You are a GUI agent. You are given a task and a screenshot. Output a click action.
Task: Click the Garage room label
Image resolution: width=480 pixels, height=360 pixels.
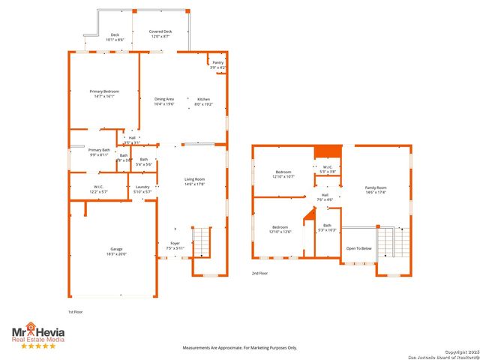pos(116,251)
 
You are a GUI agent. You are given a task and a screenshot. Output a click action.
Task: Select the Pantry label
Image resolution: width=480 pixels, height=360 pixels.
pos(218,65)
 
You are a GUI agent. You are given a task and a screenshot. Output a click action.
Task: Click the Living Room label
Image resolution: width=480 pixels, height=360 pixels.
pos(195,181)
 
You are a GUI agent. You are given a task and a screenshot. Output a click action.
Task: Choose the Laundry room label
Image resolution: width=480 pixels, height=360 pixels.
pos(142,189)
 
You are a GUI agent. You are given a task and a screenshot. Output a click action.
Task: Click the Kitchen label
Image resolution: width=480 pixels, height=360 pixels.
pos(204,101)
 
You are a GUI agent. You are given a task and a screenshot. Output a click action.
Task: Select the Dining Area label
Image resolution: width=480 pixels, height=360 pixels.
pos(164,101)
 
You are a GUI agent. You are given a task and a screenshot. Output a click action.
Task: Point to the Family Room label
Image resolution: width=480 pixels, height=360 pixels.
pos(376,190)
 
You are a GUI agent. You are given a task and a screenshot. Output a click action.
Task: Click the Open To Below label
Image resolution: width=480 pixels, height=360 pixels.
pos(358,248)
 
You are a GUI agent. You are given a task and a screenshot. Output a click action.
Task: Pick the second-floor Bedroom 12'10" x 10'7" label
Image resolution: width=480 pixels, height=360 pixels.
pos(283,174)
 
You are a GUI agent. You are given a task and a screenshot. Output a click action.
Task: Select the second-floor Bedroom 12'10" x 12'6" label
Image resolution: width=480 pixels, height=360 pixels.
pos(280,229)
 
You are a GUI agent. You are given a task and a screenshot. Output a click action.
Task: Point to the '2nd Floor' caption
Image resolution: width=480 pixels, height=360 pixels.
pos(260,273)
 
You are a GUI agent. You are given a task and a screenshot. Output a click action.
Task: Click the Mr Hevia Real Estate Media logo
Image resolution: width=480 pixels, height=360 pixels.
pos(37,335)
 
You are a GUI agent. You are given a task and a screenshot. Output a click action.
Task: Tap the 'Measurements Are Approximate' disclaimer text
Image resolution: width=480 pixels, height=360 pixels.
pos(240,347)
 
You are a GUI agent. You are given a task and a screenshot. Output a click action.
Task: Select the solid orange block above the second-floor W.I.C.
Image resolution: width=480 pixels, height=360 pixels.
pos(327,153)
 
